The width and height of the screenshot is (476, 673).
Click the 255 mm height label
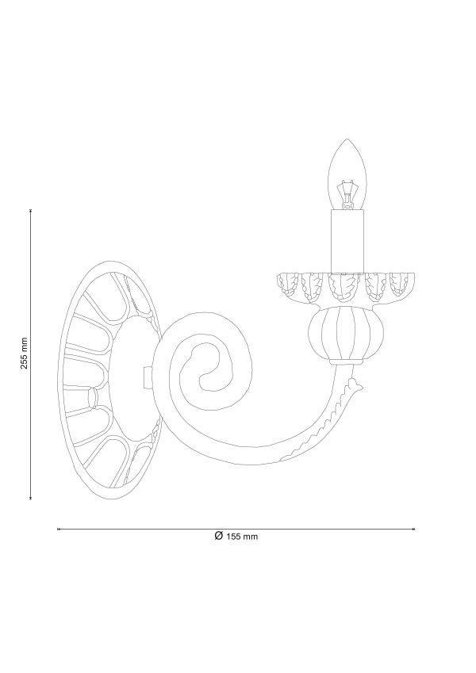[25, 353]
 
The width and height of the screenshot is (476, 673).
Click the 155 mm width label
[242, 537]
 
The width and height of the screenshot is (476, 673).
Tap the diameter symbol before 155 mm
[219, 536]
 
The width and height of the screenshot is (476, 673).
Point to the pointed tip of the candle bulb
[347, 139]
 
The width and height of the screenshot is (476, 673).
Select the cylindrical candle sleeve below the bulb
[347, 241]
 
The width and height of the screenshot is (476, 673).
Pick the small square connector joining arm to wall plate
[147, 377]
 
